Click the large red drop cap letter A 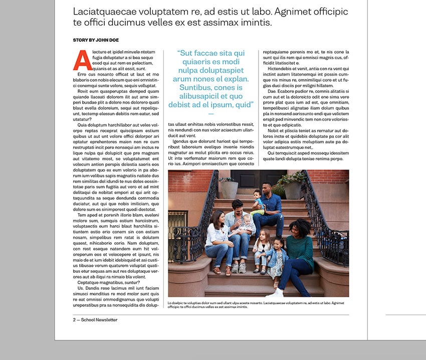click(82, 61)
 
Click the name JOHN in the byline click(101, 40)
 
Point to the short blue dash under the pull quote click(210, 114)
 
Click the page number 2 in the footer click(74, 320)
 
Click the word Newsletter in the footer click(106, 320)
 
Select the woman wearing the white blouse click(218, 238)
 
